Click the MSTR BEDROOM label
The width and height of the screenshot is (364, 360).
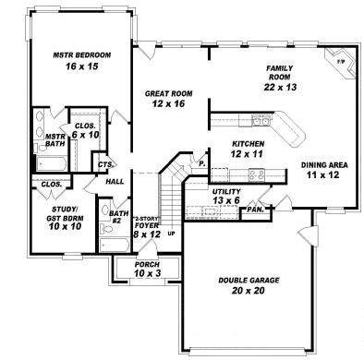(x=82, y=56)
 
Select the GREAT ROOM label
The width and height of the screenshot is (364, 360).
(x=168, y=94)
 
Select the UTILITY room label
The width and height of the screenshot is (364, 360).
(x=224, y=190)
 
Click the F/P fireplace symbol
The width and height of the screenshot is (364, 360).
(x=340, y=61)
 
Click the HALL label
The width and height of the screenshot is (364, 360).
(x=115, y=181)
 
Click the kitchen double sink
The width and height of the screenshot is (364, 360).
(x=261, y=120)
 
